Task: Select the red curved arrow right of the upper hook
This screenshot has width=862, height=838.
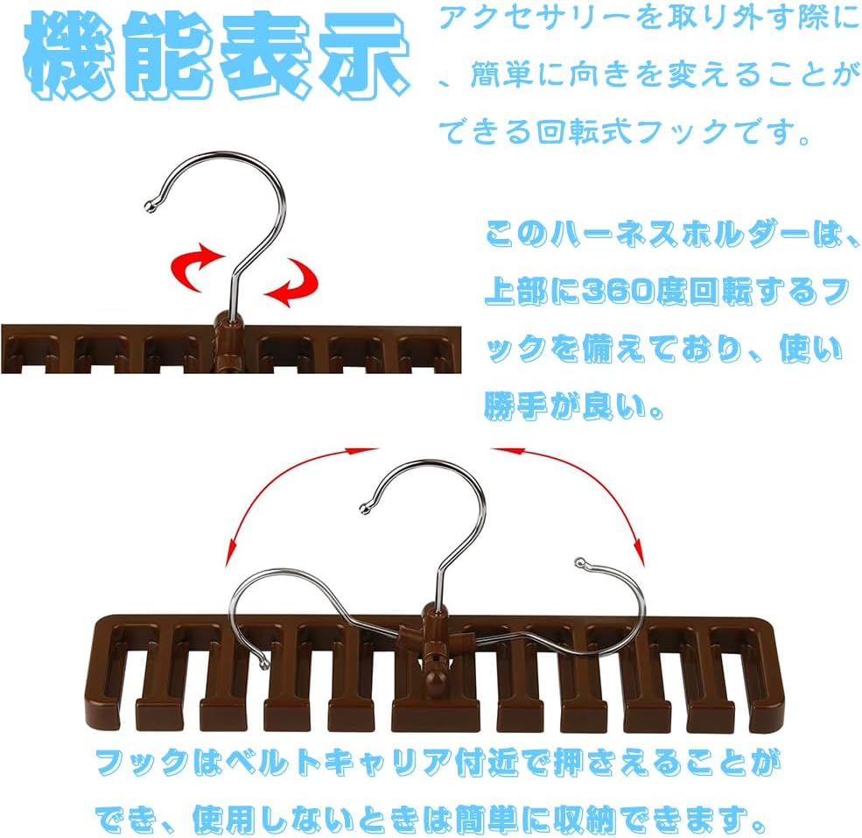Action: [x=292, y=285]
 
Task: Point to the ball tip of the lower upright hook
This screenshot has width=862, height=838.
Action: [x=366, y=504]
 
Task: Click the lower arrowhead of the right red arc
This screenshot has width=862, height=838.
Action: [x=639, y=553]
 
